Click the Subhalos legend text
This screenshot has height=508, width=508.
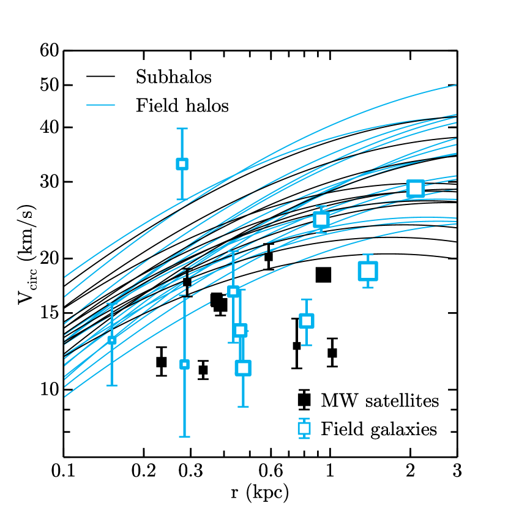[x=174, y=78]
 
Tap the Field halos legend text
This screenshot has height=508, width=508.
[x=182, y=106]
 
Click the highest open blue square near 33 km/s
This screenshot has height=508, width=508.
[x=182, y=163]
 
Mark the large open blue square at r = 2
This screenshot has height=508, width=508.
[x=416, y=189]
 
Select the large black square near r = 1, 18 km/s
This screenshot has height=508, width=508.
[x=323, y=275]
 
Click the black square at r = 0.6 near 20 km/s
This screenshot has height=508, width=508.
[x=268, y=256]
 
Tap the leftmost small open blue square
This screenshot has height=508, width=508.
[x=111, y=340]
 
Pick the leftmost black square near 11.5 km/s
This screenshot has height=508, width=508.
[x=162, y=362]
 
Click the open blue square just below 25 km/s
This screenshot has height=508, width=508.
[x=321, y=220]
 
